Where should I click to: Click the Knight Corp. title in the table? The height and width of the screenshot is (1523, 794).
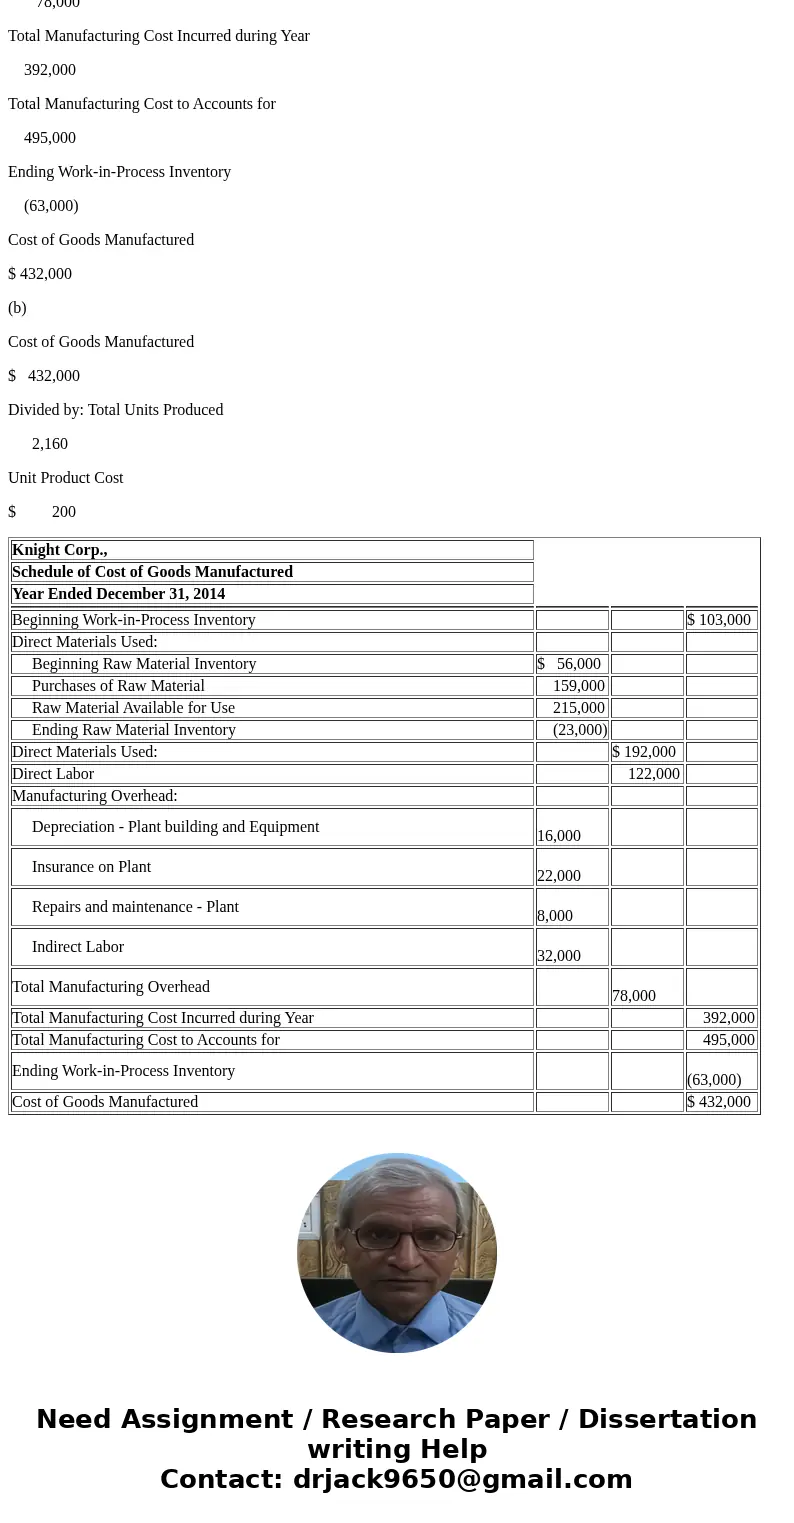[60, 550]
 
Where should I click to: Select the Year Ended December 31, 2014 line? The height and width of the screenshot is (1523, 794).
[118, 594]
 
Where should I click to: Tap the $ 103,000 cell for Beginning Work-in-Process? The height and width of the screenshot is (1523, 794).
[719, 620]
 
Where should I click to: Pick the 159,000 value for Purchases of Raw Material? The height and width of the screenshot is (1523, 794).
[578, 686]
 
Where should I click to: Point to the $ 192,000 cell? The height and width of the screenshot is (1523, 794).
[644, 752]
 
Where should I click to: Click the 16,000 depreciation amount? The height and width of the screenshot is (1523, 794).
[559, 836]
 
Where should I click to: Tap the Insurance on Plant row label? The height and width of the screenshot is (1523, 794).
[91, 867]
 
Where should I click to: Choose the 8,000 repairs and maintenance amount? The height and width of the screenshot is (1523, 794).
[555, 916]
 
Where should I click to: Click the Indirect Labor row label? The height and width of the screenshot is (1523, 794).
[78, 947]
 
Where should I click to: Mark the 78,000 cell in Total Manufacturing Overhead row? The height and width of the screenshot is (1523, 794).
[634, 996]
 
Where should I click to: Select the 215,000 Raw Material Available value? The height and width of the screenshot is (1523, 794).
[578, 708]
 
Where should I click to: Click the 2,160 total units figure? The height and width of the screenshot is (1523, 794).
[50, 444]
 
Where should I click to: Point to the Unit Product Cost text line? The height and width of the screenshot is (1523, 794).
[66, 478]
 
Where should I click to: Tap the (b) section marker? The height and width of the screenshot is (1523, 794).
[17, 308]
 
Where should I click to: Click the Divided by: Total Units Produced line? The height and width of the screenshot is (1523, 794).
[116, 410]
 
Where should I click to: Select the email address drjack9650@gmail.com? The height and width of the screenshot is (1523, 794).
[462, 1480]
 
